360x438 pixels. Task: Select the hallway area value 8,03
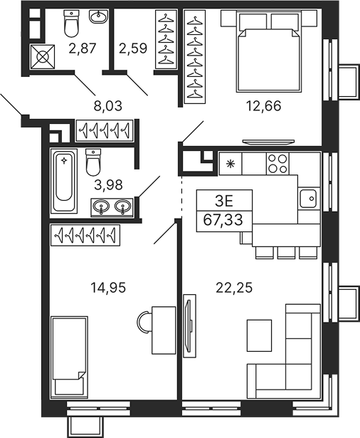click(108, 107)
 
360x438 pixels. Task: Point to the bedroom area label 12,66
click(263, 107)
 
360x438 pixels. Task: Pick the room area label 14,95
click(105, 288)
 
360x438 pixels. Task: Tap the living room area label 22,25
click(235, 288)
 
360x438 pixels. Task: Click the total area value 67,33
click(223, 219)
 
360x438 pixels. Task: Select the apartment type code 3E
click(223, 201)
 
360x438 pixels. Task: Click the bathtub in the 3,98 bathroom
click(64, 181)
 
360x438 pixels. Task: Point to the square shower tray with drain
click(41, 54)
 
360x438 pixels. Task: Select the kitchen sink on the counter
click(307, 198)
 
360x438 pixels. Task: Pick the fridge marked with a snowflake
click(230, 163)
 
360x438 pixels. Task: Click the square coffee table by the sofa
click(259, 333)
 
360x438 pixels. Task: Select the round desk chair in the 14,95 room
click(144, 321)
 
